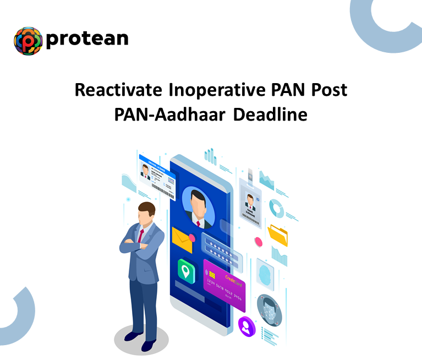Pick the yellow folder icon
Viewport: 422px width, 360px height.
[x=277, y=235]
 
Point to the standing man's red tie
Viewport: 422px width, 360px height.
[x=141, y=237]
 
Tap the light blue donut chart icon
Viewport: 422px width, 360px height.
[x=277, y=209]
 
